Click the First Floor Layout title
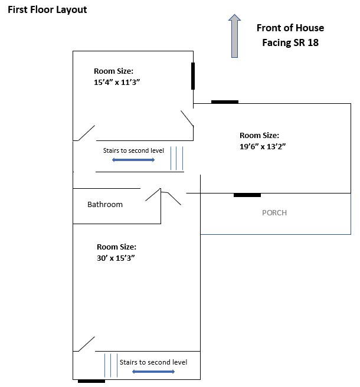47,10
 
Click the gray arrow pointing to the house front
234,36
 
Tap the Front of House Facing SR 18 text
290,35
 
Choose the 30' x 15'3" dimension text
116,252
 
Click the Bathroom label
105,205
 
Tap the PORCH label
274,213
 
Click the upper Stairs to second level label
133,151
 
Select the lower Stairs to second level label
153,362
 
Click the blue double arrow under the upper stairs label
133,160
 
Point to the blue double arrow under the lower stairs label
153,372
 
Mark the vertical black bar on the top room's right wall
193,76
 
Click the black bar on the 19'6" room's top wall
225,101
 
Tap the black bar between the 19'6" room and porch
247,195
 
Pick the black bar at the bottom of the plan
91,381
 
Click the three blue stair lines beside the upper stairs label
177,158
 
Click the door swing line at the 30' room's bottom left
86,344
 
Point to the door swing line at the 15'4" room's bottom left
86,133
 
